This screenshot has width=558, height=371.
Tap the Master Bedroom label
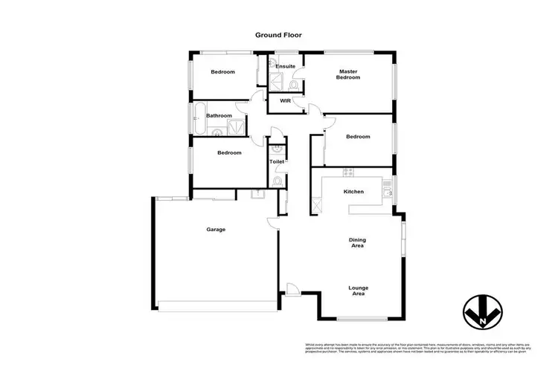click(x=347, y=74)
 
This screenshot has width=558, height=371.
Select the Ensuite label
click(x=286, y=67)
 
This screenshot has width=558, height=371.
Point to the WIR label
click(x=284, y=100)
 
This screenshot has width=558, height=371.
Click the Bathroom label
click(x=219, y=115)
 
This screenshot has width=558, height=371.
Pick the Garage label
click(x=216, y=229)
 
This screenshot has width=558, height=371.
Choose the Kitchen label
click(x=353, y=192)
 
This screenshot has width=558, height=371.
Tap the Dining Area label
click(x=360, y=242)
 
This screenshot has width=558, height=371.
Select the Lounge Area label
click(x=359, y=291)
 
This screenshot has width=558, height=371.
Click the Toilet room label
click(x=277, y=161)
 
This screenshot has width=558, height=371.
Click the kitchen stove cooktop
click(x=347, y=173)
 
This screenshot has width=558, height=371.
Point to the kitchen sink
click(x=388, y=193)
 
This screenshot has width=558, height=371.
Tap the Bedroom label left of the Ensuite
click(x=222, y=71)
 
